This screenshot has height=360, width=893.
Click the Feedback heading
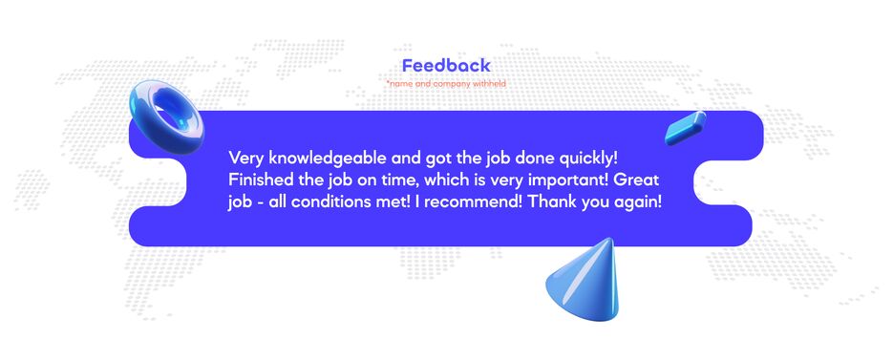(446, 66)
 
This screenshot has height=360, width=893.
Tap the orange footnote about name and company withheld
(446, 84)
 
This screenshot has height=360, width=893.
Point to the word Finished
(254, 180)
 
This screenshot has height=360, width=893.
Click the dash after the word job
(259, 204)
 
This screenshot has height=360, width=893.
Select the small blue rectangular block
(686, 128)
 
